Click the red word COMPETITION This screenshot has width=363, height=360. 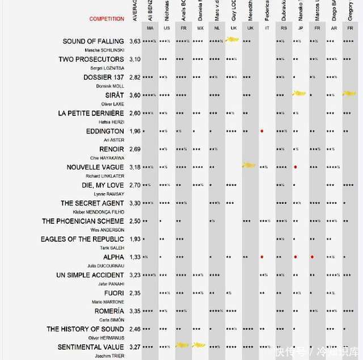pyautogui.click(x=106, y=19)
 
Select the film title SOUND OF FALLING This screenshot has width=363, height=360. pyautogui.click(x=93, y=41)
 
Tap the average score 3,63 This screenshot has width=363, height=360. pyautogui.click(x=135, y=41)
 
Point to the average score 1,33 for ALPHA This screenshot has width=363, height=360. pyautogui.click(x=135, y=257)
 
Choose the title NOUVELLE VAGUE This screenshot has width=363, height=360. pyautogui.click(x=95, y=168)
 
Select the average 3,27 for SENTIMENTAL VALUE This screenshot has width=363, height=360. pyautogui.click(x=135, y=347)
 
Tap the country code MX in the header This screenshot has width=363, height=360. pyautogui.click(x=200, y=28)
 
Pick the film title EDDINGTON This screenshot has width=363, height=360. pyautogui.click(x=104, y=131)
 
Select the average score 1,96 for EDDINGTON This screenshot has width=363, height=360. pyautogui.click(x=135, y=131)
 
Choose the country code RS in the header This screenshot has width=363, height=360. pyautogui.click(x=282, y=28)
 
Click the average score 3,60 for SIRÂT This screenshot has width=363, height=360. pyautogui.click(x=135, y=95)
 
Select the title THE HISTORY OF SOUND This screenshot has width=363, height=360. pyautogui.click(x=85, y=329)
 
